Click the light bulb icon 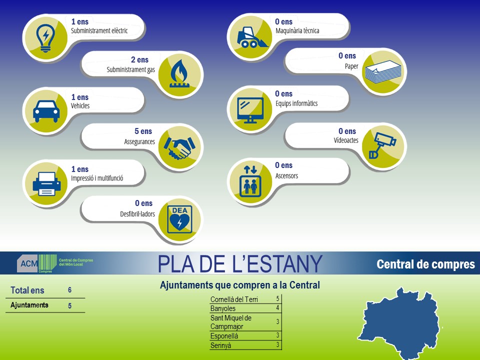coord(45,38)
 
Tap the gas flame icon coord(179,73)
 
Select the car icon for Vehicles coord(46,111)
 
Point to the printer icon coord(46,183)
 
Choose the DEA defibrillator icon coord(179,219)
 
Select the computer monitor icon coord(250,110)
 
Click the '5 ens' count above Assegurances coord(143,131)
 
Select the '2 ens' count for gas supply coord(139,59)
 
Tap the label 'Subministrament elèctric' coord(99,30)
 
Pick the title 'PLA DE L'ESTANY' coord(240,264)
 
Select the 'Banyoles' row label coord(223,308)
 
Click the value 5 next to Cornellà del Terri coord(277,298)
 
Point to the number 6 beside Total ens coord(70,290)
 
